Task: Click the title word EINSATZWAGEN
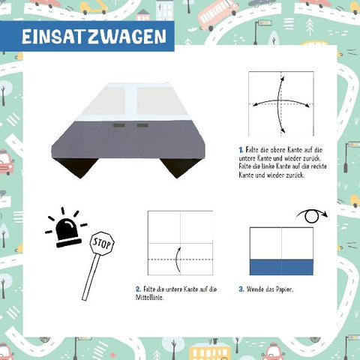coord(94,37)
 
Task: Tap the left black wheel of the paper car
coord(77,167)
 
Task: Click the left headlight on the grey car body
coord(119,125)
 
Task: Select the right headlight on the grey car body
coord(142,125)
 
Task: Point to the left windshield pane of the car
coord(106,100)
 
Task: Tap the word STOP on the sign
coord(102,243)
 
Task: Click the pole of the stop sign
coord(91,277)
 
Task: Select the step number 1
coord(241,150)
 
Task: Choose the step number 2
coord(138,289)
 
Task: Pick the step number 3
coord(241,289)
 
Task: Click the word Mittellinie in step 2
coord(149,298)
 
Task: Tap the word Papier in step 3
coord(284,289)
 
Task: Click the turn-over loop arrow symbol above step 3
coord(312,216)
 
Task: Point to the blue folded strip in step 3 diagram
coord(281,267)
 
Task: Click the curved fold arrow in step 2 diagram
coord(177,259)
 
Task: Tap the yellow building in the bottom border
coord(209,352)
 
